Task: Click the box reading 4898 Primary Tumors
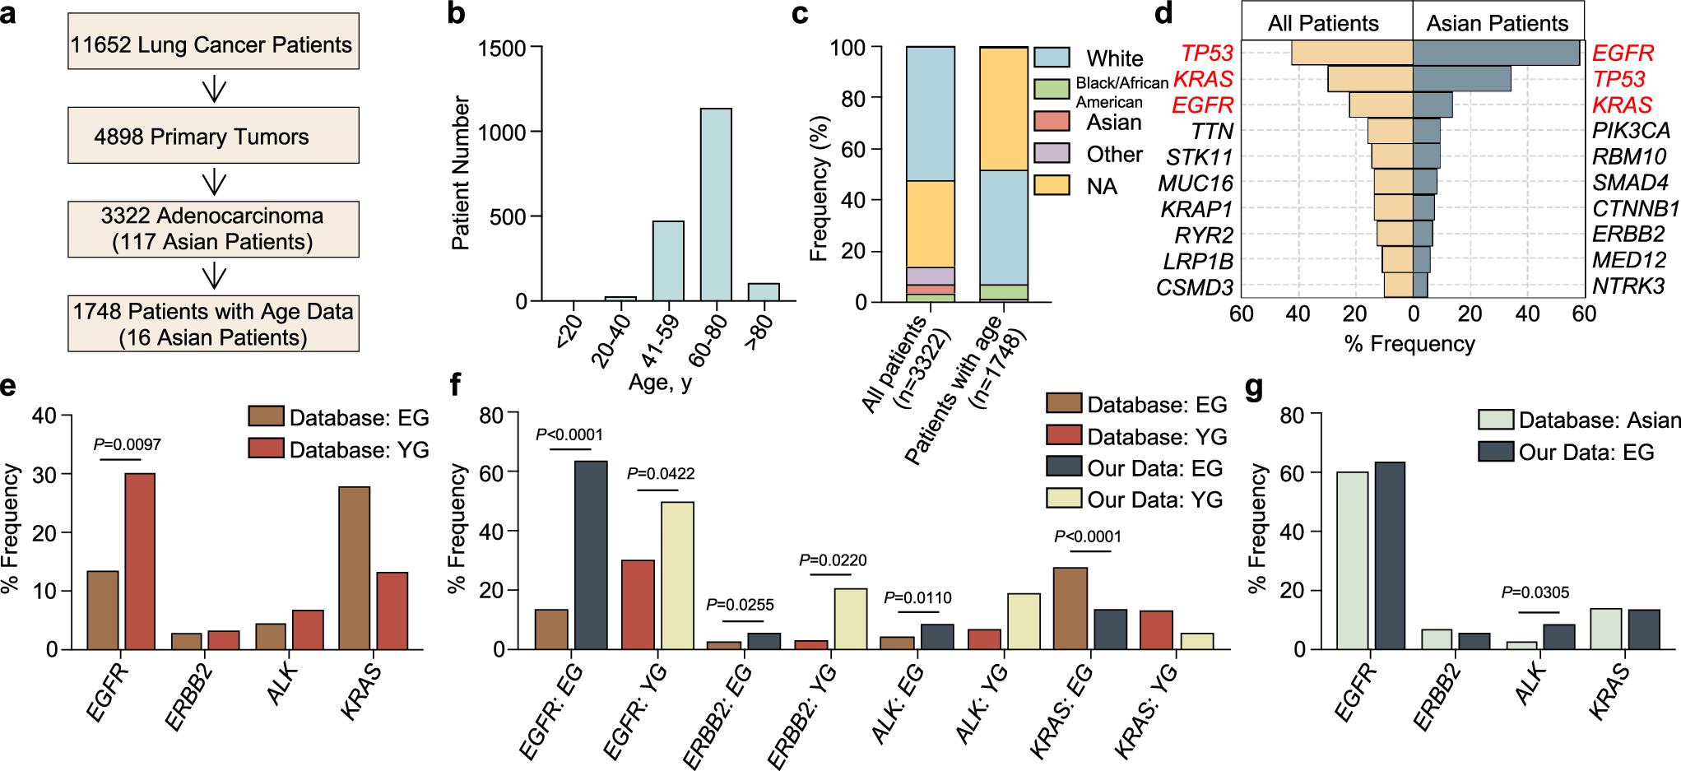coord(213,136)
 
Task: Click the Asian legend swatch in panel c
coord(1052,122)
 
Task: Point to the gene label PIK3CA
coord(1631,131)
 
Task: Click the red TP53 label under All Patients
coord(1206,53)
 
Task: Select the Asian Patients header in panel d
coord(1497,23)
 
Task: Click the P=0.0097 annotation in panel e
coord(127,444)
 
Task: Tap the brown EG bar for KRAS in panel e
coord(354,568)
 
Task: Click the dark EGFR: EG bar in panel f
coord(590,555)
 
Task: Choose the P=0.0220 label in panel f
coord(832,560)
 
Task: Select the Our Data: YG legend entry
coord(1135,499)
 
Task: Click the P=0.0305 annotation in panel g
coord(1535,592)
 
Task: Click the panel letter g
coord(1254,387)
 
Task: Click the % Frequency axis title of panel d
coord(1409,344)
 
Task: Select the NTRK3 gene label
coord(1628,286)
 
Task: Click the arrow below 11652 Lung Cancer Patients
coord(214,88)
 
